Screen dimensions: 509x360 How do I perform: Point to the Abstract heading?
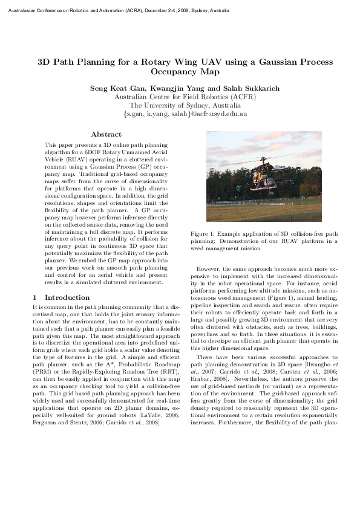[x=106, y=134]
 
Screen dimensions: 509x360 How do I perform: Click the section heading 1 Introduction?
[x=61, y=297]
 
